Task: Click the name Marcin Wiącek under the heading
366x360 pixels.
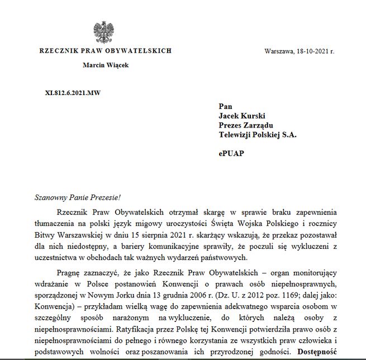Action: [x=105, y=65]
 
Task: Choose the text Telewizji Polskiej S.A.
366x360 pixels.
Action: [x=258, y=135]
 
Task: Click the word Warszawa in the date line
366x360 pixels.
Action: [x=280, y=51]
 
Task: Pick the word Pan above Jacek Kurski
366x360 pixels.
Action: [x=225, y=106]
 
